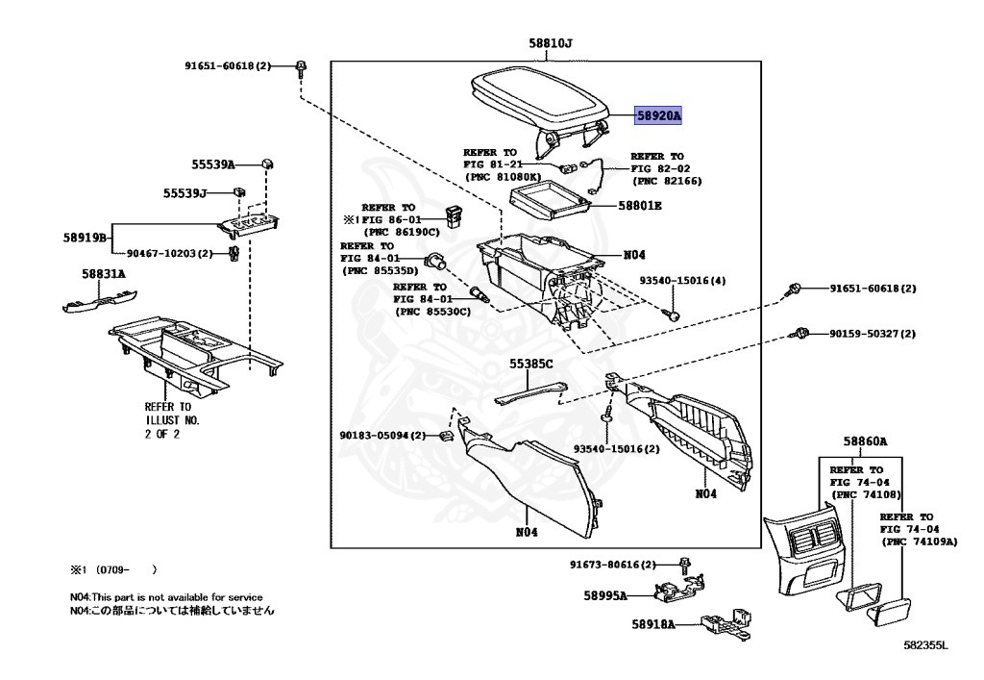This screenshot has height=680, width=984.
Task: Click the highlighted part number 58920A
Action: [658, 115]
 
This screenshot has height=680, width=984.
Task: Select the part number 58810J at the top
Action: [550, 43]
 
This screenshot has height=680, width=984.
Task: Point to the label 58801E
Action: [640, 206]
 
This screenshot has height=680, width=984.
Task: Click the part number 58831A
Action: [103, 274]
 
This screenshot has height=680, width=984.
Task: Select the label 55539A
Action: [212, 164]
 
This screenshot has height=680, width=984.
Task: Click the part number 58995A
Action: [604, 595]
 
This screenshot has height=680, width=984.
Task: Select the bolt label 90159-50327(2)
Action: [873, 334]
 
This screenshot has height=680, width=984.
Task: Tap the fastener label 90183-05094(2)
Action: [381, 436]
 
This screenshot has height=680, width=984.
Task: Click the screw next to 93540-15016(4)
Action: [674, 315]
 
